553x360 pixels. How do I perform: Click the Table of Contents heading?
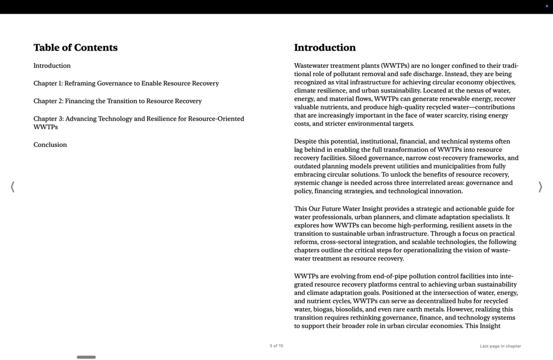coord(75,48)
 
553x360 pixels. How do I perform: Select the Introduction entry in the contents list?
coord(52,66)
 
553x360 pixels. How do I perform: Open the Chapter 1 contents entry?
coord(126,84)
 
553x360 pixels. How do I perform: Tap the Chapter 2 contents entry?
coord(117,101)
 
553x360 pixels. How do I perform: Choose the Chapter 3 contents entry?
coord(139,123)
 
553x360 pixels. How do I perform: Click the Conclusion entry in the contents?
coord(50,145)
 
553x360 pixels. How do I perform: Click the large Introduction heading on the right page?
coord(325,48)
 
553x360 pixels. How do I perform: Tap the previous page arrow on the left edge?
coord(13,187)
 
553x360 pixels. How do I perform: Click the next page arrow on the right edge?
coord(540,187)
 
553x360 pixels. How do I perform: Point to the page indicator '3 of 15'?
coord(276,346)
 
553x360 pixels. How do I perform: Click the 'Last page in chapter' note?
coord(500,346)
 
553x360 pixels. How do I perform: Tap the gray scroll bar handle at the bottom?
coord(86,357)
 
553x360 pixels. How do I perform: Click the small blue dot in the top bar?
coord(546,6)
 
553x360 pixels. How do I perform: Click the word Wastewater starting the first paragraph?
coord(311,66)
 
